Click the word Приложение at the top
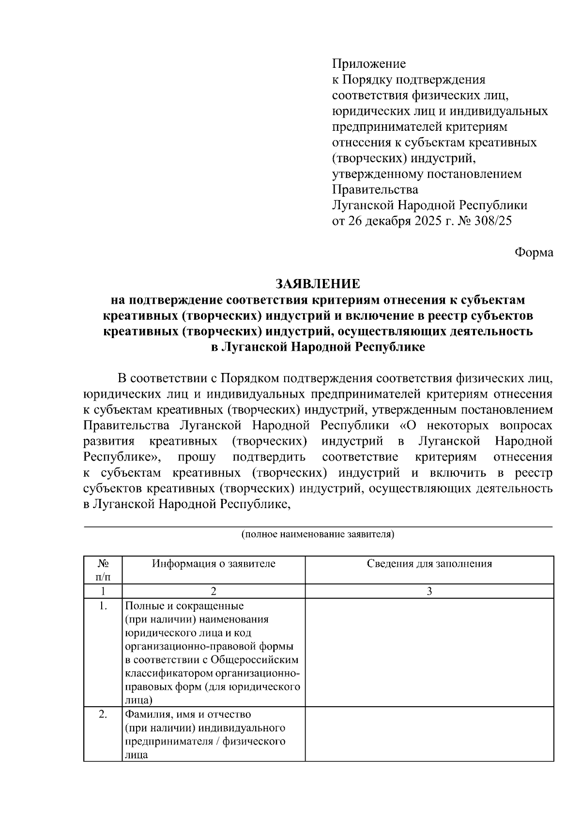tap(369, 64)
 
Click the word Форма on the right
tap(534, 252)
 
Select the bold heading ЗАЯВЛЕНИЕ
tap(318, 284)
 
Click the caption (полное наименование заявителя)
tap(318, 534)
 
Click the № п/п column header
tap(103, 570)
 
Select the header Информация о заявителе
tap(214, 563)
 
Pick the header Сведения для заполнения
tap(429, 563)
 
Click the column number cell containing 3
tap(429, 591)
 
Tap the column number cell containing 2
tap(214, 591)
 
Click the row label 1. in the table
tap(103, 606)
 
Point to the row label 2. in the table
tap(103, 714)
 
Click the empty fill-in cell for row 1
tap(429, 652)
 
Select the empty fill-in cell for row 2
tap(429, 733)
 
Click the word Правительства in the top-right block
tap(375, 189)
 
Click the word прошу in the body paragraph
tap(197, 457)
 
